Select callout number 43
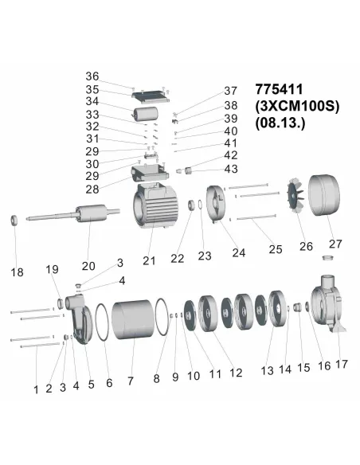(231, 169)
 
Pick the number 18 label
(17, 272)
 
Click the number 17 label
(341, 365)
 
